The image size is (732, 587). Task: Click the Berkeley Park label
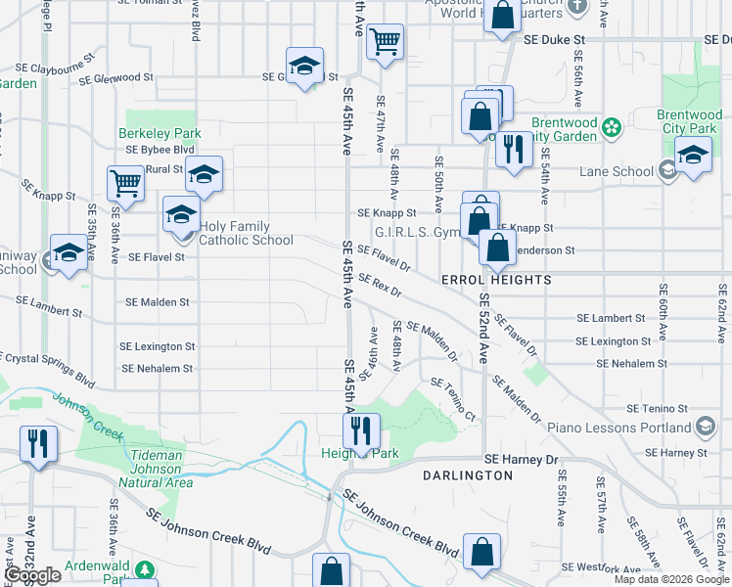(x=160, y=133)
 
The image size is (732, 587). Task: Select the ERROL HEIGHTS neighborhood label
(x=496, y=280)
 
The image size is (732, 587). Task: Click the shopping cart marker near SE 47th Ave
(x=386, y=42)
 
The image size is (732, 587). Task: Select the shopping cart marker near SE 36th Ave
(x=126, y=184)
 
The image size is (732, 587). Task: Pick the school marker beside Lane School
(x=693, y=156)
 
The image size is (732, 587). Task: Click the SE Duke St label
(x=554, y=40)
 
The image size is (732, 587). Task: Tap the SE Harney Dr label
(x=522, y=459)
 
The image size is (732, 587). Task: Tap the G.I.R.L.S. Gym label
(x=417, y=233)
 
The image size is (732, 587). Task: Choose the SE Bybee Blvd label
(x=160, y=150)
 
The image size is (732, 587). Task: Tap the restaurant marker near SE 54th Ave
(x=511, y=149)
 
